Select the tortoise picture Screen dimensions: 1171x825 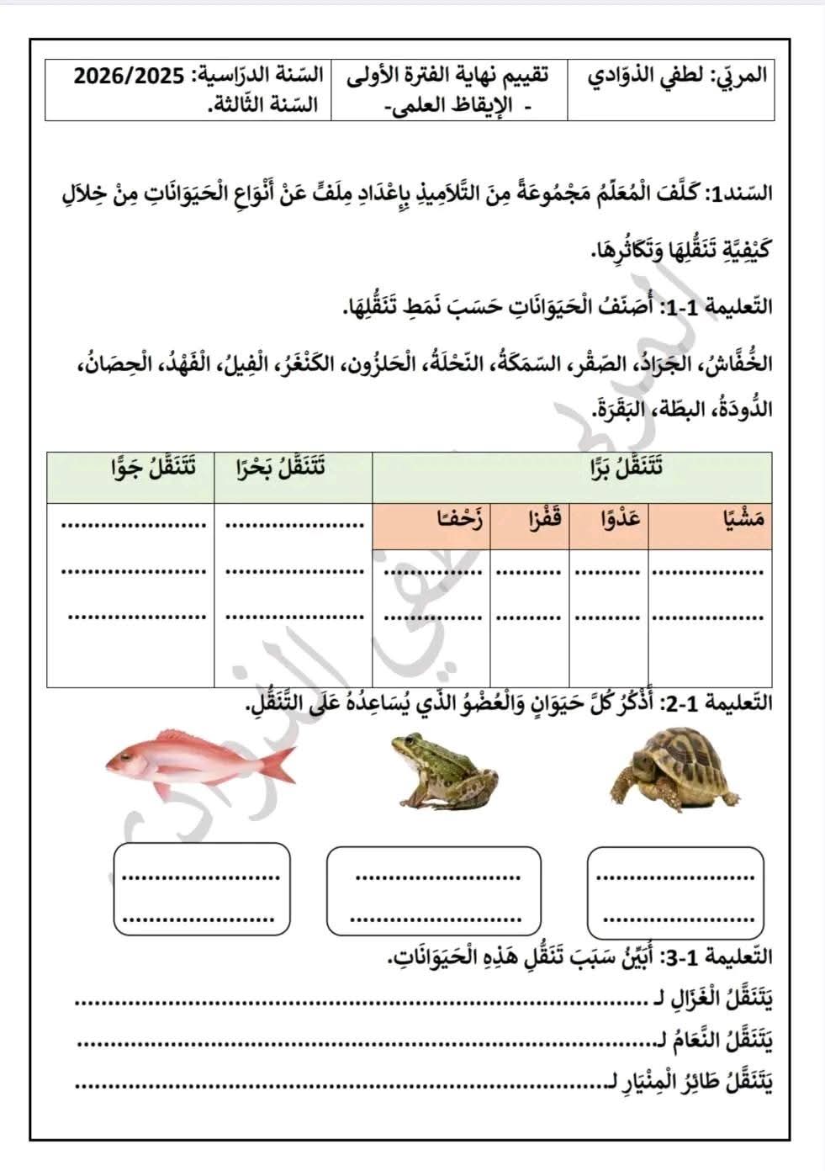[674, 770]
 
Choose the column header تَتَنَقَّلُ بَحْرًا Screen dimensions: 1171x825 [282, 468]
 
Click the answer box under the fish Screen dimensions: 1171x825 [201, 889]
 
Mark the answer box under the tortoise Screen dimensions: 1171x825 [676, 892]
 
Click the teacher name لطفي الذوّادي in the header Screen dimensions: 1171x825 [648, 76]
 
